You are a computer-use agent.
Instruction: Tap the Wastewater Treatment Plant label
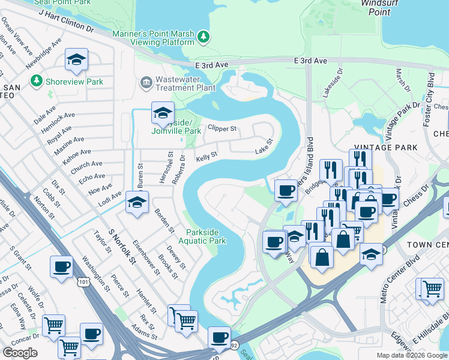point(185,83)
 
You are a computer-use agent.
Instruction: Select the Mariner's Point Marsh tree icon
point(204,37)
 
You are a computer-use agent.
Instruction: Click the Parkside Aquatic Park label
point(206,236)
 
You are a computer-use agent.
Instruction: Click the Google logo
point(20,353)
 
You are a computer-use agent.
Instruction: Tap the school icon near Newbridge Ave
point(76,59)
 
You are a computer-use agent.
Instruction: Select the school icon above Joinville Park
point(162,112)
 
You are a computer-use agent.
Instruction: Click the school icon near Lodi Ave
point(137,204)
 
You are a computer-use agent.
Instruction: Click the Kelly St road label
point(206,157)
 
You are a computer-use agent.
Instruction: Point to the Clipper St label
point(222,128)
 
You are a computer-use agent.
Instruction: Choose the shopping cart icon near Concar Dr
point(53,326)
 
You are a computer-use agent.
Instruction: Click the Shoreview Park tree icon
point(37,80)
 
